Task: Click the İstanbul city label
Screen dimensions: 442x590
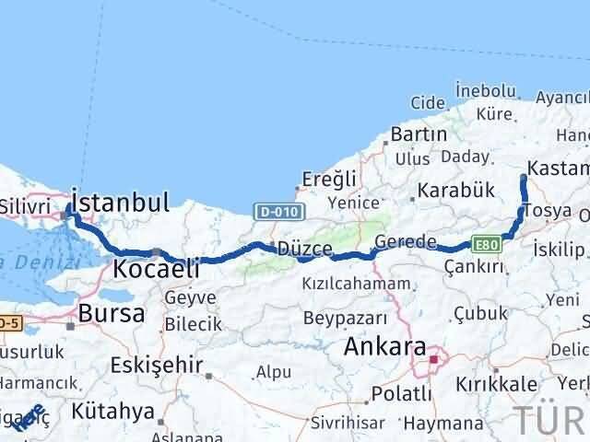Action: pos(121,203)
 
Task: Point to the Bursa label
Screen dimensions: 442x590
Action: pos(112,313)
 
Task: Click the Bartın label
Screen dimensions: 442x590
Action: pos(419,134)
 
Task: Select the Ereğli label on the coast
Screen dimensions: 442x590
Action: pos(329,177)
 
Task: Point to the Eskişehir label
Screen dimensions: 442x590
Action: pos(156,365)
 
